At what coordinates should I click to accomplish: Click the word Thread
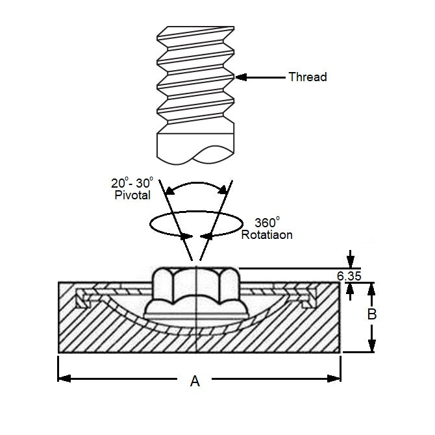[x=307, y=77]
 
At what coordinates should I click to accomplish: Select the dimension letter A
[x=195, y=382]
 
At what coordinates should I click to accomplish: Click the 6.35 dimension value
[x=349, y=276]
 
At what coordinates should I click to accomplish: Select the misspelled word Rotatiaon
[x=266, y=234]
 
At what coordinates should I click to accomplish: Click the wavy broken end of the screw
[x=195, y=154]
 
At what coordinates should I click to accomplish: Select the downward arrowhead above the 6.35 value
[x=351, y=262]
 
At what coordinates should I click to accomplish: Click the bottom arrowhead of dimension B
[x=372, y=347]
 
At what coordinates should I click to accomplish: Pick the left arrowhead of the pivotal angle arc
[x=168, y=189]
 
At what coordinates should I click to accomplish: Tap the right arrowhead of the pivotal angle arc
[x=225, y=189]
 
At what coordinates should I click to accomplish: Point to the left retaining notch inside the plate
[x=82, y=299]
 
